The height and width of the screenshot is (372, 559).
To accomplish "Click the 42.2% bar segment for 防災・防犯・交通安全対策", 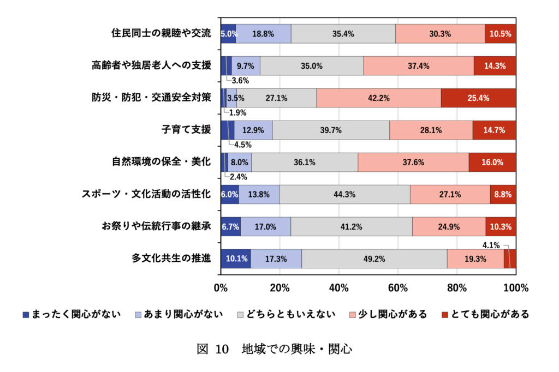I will pyautogui.click(x=378, y=98).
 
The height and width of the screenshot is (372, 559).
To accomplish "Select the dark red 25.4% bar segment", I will pyautogui.click(x=478, y=98).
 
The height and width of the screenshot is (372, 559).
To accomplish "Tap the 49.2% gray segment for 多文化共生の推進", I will pyautogui.click(x=374, y=259).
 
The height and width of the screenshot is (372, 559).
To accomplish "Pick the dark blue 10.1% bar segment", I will pyautogui.click(x=235, y=259).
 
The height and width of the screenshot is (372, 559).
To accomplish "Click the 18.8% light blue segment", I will pyautogui.click(x=263, y=34).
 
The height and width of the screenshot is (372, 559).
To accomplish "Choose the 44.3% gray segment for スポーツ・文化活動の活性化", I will pyautogui.click(x=344, y=195).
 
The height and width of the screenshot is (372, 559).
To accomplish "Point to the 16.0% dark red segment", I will pyautogui.click(x=492, y=163).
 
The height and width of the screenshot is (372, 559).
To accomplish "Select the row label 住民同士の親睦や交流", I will pyautogui.click(x=160, y=34).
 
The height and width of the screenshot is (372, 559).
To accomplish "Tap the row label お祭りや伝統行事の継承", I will pyautogui.click(x=156, y=227).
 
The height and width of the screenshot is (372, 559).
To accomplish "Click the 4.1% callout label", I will pyautogui.click(x=491, y=245).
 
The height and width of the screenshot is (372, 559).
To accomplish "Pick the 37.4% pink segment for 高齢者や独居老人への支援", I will pyautogui.click(x=418, y=66).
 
